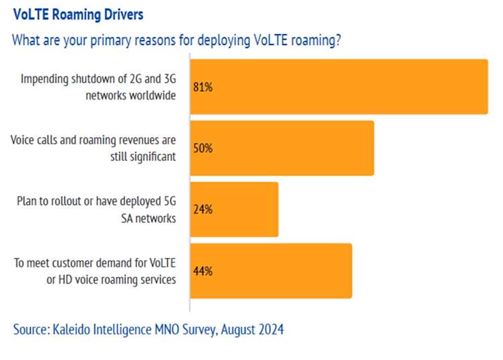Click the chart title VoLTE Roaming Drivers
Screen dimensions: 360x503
[78, 14]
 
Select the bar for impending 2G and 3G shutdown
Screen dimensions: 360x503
[339, 86]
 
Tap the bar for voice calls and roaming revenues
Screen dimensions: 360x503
[282, 147]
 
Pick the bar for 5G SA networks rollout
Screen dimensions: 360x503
[234, 209]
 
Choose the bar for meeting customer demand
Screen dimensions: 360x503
[271, 270]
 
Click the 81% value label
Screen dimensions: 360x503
[203, 87]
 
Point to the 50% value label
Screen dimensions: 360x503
[203, 148]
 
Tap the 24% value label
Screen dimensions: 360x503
[203, 209]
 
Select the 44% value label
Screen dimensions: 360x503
[203, 271]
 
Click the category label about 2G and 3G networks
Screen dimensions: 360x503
[98, 86]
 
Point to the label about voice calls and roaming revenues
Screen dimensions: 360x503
[93, 147]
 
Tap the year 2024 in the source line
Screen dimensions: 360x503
[270, 329]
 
